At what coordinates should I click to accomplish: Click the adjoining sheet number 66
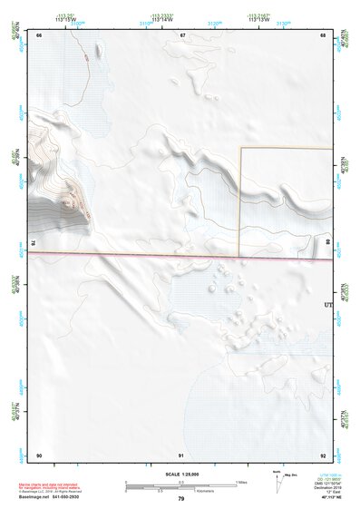click(x=39, y=35)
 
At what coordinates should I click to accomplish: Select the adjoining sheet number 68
click(x=323, y=35)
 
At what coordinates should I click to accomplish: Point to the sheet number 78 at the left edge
click(x=33, y=243)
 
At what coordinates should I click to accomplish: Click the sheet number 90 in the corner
click(x=39, y=454)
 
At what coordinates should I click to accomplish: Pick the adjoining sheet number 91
click(x=181, y=454)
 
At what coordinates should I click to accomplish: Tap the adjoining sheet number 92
click(x=323, y=454)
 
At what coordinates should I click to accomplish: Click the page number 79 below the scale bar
click(x=180, y=498)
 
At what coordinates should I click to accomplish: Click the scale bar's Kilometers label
click(x=181, y=490)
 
